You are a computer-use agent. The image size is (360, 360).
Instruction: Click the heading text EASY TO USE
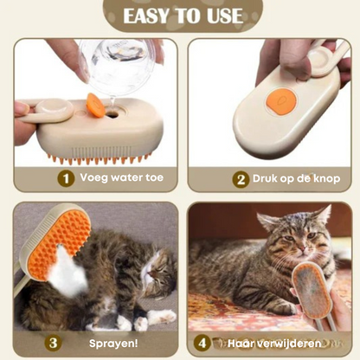pyautogui.click(x=183, y=16)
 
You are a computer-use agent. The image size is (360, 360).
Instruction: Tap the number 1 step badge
pyautogui.click(x=66, y=178)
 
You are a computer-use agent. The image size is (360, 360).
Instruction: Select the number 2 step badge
pyautogui.click(x=241, y=180)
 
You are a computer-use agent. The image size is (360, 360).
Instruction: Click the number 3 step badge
pyautogui.click(x=53, y=343)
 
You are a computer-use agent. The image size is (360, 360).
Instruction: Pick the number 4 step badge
pyautogui.click(x=202, y=343)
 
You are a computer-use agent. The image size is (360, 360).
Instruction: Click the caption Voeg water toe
pyautogui.click(x=122, y=177)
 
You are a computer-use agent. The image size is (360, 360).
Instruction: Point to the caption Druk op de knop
pyautogui.click(x=297, y=178)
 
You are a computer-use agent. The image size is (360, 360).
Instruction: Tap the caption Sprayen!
pyautogui.click(x=113, y=344)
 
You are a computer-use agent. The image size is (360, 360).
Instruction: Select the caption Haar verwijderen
pyautogui.click(x=274, y=344)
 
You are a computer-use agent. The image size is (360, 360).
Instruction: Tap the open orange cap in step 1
pyautogui.click(x=95, y=105)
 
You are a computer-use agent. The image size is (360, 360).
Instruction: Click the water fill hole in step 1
pyautogui.click(x=112, y=115)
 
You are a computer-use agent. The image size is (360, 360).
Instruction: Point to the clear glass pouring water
pyautogui.click(x=119, y=63)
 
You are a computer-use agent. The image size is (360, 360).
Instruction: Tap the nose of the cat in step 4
pyautogui.click(x=302, y=248)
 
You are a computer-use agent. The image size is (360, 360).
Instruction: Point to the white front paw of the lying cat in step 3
pyautogui.click(x=162, y=316)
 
